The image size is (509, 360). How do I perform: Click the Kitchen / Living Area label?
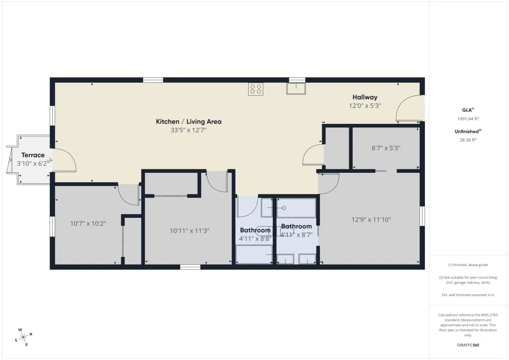click(189, 122)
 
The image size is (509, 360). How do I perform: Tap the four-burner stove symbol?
click(256, 89)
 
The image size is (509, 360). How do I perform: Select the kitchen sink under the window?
click(296, 89)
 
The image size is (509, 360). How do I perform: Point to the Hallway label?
click(365, 97)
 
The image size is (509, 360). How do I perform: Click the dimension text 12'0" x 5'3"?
click(365, 106)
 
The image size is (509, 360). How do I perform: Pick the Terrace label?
click(33, 155)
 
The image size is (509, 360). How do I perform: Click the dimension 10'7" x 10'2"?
click(88, 224)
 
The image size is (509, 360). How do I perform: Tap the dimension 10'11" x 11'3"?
click(190, 231)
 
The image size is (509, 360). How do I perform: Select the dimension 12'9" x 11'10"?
click(371, 219)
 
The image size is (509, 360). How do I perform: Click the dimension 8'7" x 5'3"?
click(386, 148)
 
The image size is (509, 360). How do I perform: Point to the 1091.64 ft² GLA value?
click(468, 118)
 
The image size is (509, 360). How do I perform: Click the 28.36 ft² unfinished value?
click(468, 140)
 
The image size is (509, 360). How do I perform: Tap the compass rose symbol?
click(23, 337)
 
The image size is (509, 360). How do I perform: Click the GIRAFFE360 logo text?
click(468, 345)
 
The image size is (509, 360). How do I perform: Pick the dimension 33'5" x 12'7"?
click(189, 130)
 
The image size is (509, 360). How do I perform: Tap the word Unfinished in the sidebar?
click(466, 132)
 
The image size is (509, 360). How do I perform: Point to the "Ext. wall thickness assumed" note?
click(468, 295)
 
